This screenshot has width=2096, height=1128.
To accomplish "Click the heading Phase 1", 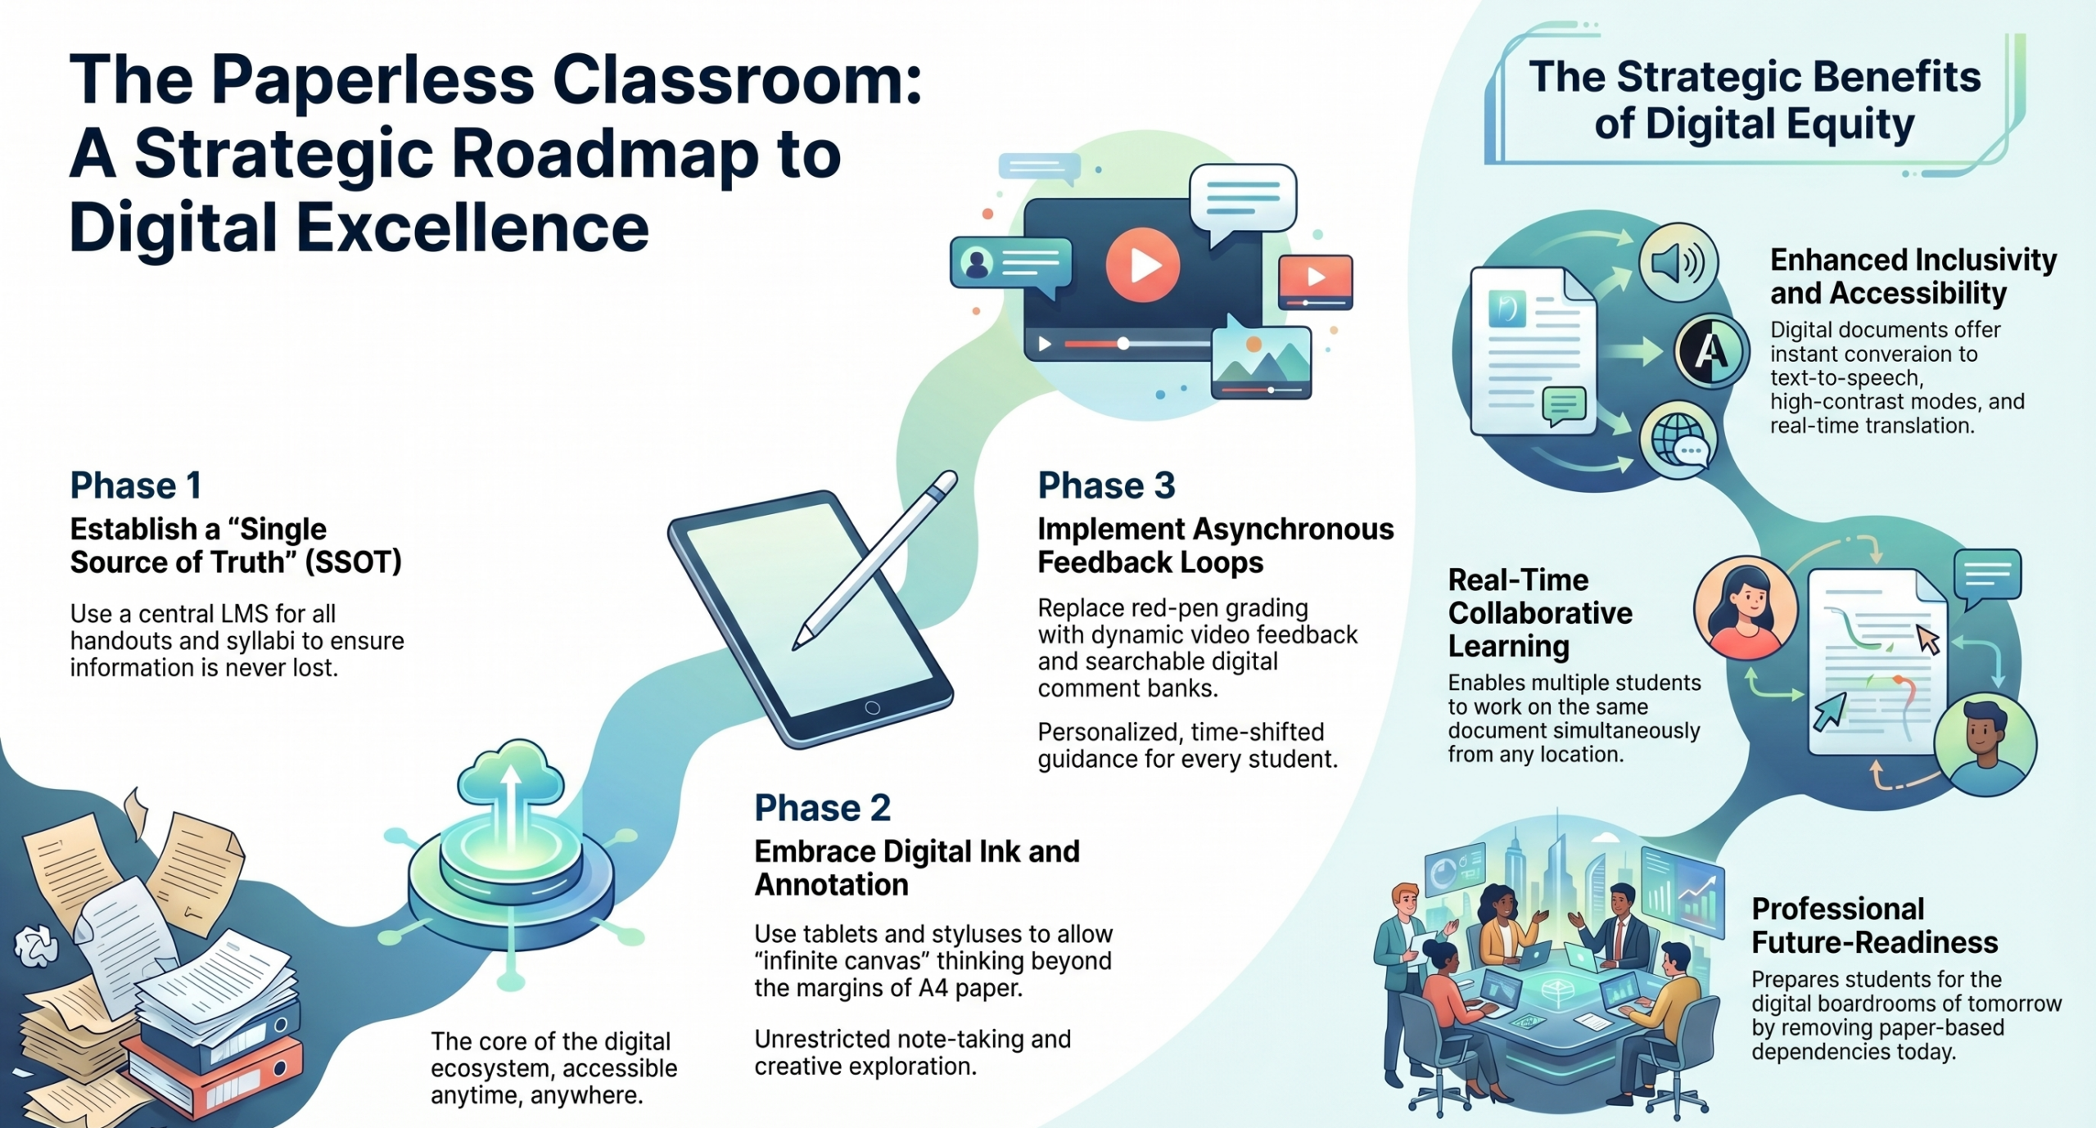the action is coord(136,485).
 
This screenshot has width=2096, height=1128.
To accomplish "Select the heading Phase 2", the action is coord(822,808).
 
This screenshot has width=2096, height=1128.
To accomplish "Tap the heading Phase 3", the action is coord(1106,485).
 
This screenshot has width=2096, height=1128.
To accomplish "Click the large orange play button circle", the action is coord(1142,264).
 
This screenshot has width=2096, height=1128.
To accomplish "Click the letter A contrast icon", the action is coord(1710,352).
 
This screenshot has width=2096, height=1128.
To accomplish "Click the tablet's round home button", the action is coord(872,708).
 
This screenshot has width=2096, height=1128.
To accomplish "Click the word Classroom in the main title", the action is coord(737,80).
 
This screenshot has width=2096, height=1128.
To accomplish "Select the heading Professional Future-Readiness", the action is coord(1875,926).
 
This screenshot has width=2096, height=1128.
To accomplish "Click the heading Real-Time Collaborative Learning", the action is coord(1540,613).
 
